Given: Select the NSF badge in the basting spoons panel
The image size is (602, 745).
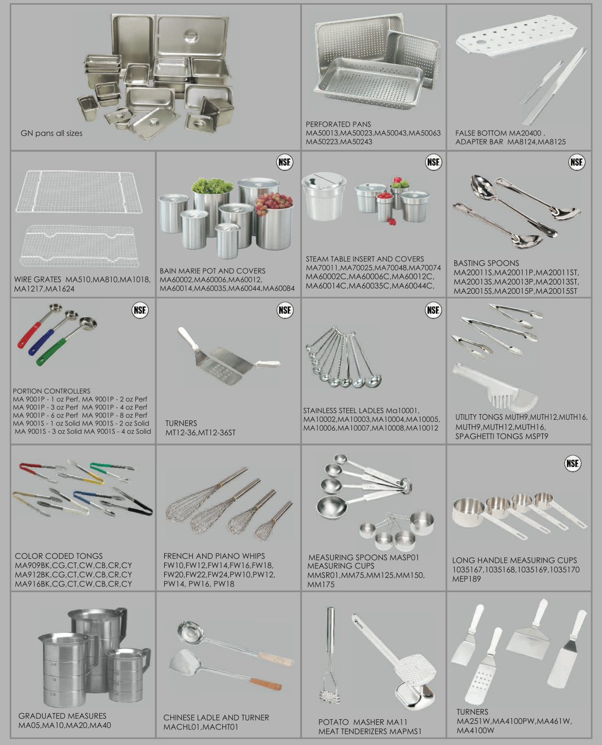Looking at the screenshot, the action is (x=576, y=162).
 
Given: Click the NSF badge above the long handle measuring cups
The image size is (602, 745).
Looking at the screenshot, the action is (x=573, y=464).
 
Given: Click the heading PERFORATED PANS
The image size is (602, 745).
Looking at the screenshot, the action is (x=338, y=124).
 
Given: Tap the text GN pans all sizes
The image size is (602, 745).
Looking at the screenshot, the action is (x=51, y=133).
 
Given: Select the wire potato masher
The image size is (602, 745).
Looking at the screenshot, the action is (x=329, y=654).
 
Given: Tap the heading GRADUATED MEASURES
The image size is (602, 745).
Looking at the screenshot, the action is (x=62, y=716).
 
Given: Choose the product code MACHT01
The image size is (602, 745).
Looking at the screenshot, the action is (x=221, y=727).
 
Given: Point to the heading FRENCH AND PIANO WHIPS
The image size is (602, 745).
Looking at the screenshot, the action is (x=214, y=556).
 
